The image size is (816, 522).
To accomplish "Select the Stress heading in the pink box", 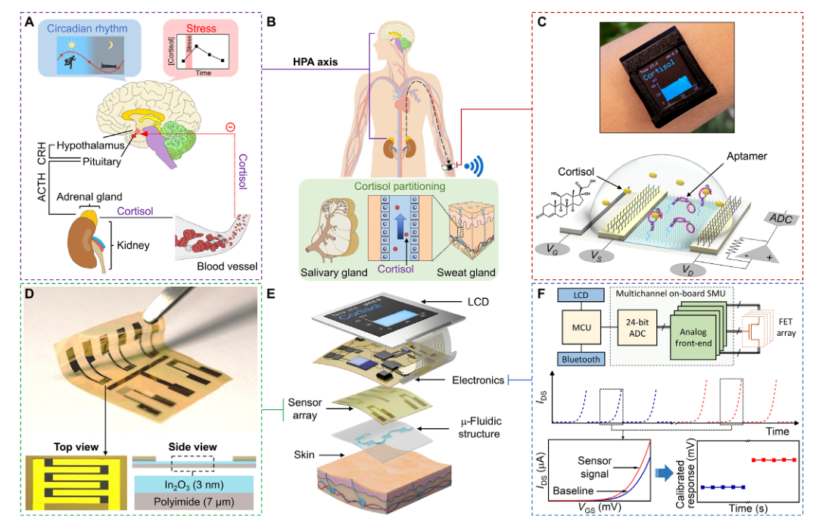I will [201, 30].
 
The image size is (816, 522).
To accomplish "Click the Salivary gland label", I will [333, 272].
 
